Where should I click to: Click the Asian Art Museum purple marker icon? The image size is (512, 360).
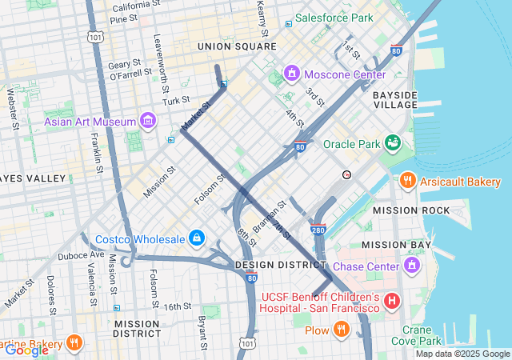pyautogui.click(x=147, y=122)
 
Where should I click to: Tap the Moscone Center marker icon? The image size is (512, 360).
pyautogui.click(x=292, y=74)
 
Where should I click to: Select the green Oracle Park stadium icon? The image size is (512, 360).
pyautogui.click(x=393, y=144)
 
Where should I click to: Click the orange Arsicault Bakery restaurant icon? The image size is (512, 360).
pyautogui.click(x=408, y=182)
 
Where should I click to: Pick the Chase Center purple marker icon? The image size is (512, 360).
pyautogui.click(x=412, y=266)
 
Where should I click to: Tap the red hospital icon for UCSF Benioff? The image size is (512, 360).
pyautogui.click(x=392, y=302)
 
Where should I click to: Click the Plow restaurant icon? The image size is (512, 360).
pyautogui.click(x=342, y=330)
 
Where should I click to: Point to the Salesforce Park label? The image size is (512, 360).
pyautogui.click(x=334, y=18)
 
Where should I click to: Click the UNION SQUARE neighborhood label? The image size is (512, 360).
pyautogui.click(x=237, y=47)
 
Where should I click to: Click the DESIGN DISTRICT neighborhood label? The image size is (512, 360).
pyautogui.click(x=281, y=265)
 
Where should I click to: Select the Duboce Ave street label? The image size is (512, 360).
pyautogui.click(x=81, y=256)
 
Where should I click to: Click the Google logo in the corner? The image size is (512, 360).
pyautogui.click(x=26, y=350)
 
